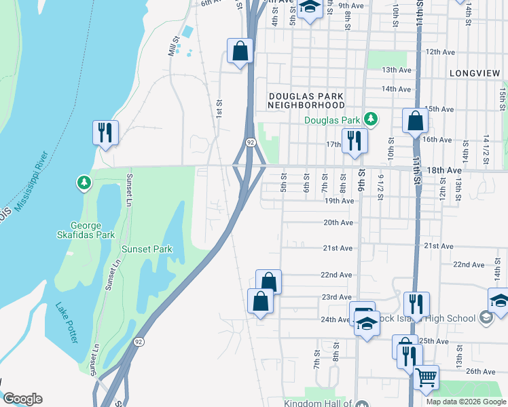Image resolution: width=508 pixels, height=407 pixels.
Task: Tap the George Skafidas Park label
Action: [95, 230]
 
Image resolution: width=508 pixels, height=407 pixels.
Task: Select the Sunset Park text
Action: [147, 249]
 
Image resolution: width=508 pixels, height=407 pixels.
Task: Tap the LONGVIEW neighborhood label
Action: [475, 73]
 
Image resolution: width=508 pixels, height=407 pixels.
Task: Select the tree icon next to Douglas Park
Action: [369, 120]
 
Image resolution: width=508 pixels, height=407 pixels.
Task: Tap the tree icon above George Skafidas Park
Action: [83, 182]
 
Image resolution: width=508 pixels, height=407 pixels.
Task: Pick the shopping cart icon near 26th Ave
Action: [426, 376]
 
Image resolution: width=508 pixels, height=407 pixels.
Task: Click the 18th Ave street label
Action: [444, 170]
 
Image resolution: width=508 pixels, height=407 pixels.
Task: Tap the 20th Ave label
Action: [338, 222]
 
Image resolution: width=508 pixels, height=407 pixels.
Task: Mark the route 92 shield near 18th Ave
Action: [251, 142]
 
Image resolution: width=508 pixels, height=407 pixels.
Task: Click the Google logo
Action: [22, 399]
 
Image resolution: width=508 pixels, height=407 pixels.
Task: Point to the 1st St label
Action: [219, 107]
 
